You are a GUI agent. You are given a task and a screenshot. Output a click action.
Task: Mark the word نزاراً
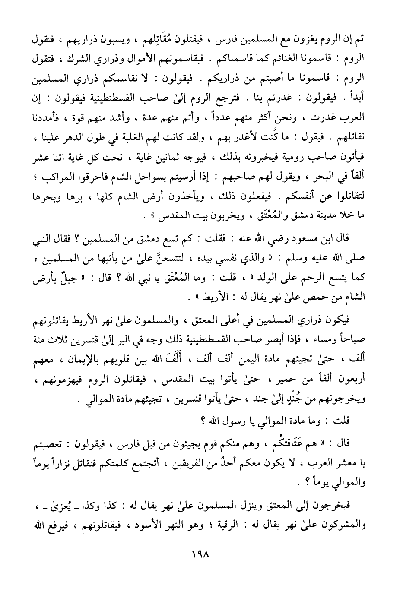pyautogui.click(x=69, y=464)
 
